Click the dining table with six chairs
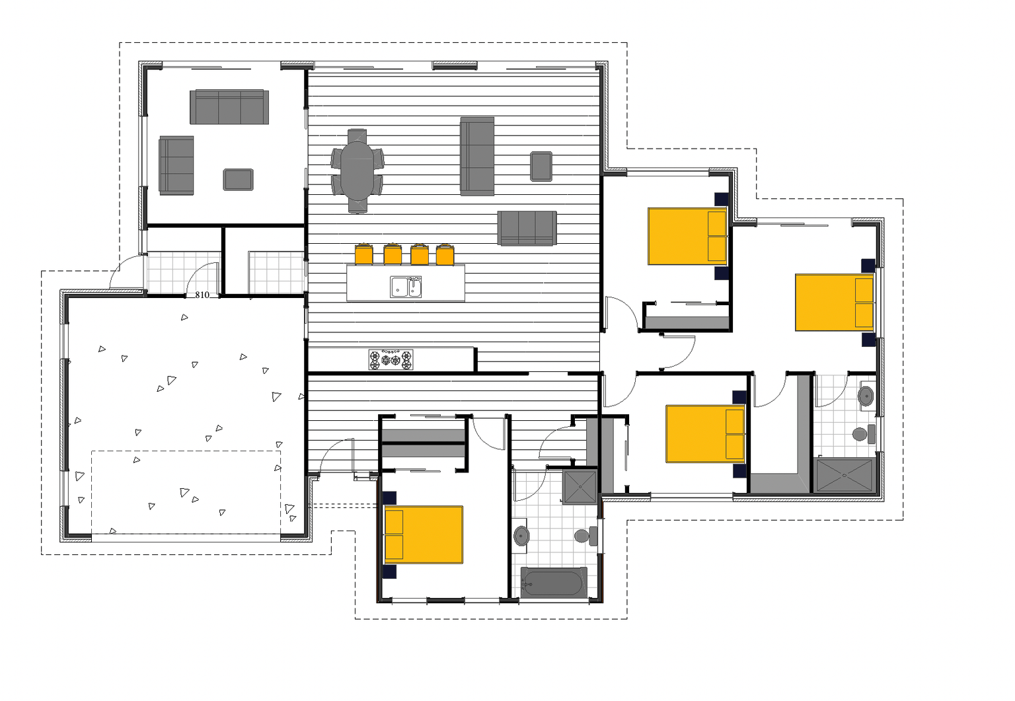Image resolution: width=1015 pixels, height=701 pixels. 357,170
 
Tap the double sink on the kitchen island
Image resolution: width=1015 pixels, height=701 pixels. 406,287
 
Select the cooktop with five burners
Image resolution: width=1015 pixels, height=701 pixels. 391,359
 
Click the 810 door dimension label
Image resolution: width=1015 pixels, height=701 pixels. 202,295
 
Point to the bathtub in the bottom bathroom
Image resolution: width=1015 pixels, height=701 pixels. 553,583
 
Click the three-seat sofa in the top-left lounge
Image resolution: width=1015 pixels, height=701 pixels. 229,107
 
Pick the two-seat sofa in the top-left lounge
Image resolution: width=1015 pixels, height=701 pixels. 176,165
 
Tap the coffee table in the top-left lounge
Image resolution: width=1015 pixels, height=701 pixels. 238,179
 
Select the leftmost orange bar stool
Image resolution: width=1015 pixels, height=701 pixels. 364,254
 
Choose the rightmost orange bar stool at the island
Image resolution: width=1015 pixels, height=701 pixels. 445,254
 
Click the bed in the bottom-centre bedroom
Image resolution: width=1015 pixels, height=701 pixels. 424,535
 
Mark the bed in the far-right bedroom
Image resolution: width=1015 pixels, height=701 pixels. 834,303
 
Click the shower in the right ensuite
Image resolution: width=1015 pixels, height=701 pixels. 845,474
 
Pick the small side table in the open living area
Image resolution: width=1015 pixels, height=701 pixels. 541,166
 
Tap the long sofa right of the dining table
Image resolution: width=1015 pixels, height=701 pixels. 477,157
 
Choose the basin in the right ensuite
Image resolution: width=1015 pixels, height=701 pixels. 865,396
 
